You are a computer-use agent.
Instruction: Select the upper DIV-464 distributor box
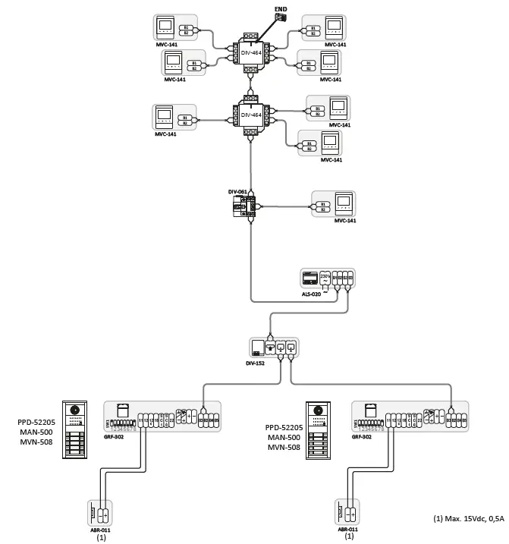click(x=251, y=51)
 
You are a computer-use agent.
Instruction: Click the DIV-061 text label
click(x=237, y=192)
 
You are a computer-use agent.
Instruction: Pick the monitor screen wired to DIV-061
click(x=344, y=203)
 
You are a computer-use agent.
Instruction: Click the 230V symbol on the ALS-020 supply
click(x=325, y=278)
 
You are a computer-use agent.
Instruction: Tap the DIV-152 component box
click(x=274, y=347)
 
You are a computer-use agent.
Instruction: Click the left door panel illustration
click(x=75, y=428)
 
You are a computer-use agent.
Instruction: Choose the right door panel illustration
click(x=316, y=429)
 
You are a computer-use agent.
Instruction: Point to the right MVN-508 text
click(x=282, y=448)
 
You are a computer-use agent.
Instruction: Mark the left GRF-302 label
click(x=113, y=438)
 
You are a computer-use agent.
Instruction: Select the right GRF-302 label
click(x=362, y=438)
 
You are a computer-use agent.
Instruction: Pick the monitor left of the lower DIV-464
click(x=164, y=118)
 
